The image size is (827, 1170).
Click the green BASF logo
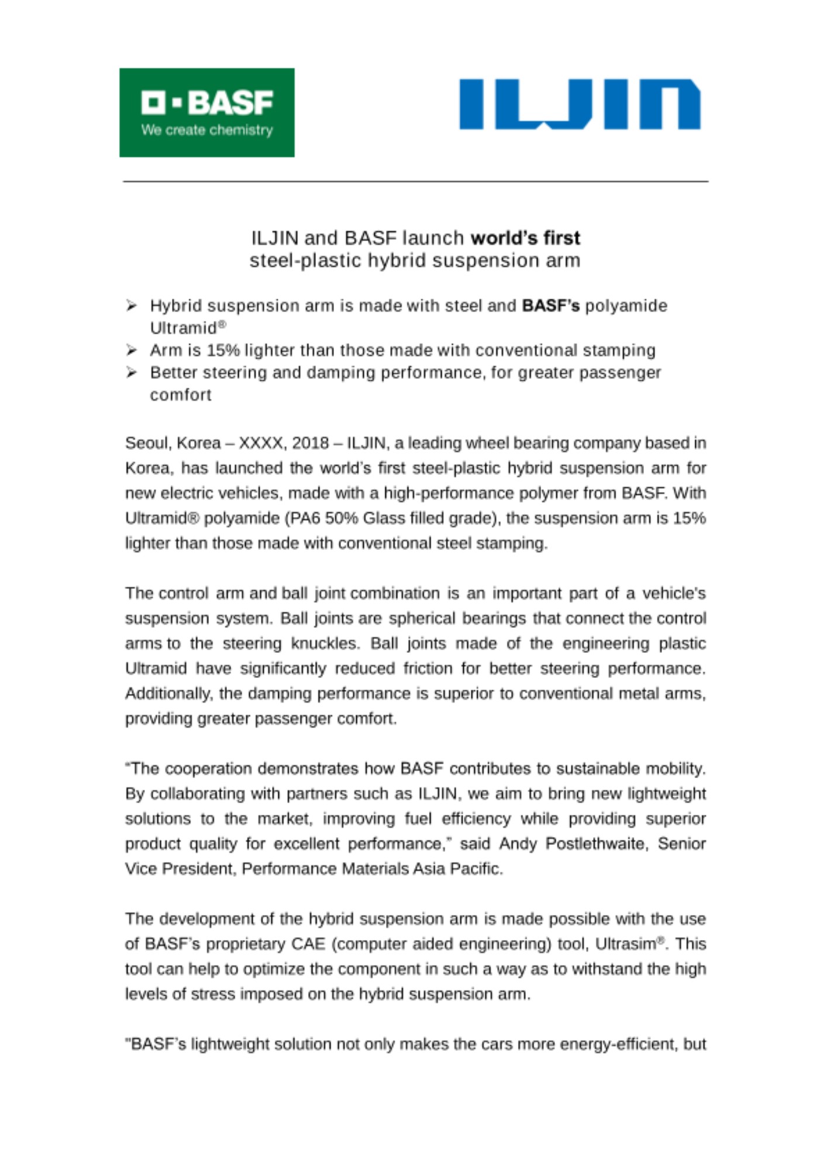coord(206,112)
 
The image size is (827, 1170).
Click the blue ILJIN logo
coord(580,104)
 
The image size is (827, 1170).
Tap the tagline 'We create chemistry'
coord(207,130)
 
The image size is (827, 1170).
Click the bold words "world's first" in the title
coord(525,238)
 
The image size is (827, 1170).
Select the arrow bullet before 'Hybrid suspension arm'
coord(132,305)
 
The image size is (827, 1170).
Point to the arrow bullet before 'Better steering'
coord(132,373)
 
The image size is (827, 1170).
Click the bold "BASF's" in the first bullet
coord(550,305)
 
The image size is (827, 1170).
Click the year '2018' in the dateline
coord(310,443)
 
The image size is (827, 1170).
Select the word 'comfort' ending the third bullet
coord(181,395)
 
